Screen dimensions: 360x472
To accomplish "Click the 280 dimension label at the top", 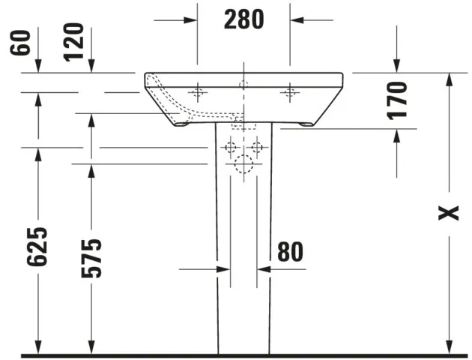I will [x=243, y=19].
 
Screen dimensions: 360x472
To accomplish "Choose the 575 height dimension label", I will [x=91, y=258].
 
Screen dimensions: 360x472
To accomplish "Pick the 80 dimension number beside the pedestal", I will [x=290, y=253].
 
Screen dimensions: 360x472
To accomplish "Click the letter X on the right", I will [x=448, y=214].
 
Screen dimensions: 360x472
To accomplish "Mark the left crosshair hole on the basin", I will [x=198, y=93].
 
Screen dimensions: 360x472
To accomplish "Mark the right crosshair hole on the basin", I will [x=290, y=93].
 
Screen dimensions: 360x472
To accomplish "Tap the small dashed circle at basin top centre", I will [x=243, y=83].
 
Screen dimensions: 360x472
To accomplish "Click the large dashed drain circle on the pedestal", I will [x=243, y=165].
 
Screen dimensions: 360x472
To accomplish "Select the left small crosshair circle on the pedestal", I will [x=230, y=147].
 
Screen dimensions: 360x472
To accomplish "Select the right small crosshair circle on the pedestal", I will [x=257, y=147].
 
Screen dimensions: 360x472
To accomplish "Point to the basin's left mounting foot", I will [x=182, y=124].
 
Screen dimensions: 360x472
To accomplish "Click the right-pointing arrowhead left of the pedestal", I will [x=223, y=268].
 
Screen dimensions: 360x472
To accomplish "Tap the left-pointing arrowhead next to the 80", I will [x=263, y=268].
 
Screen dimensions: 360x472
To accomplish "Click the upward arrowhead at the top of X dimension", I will [x=448, y=79].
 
